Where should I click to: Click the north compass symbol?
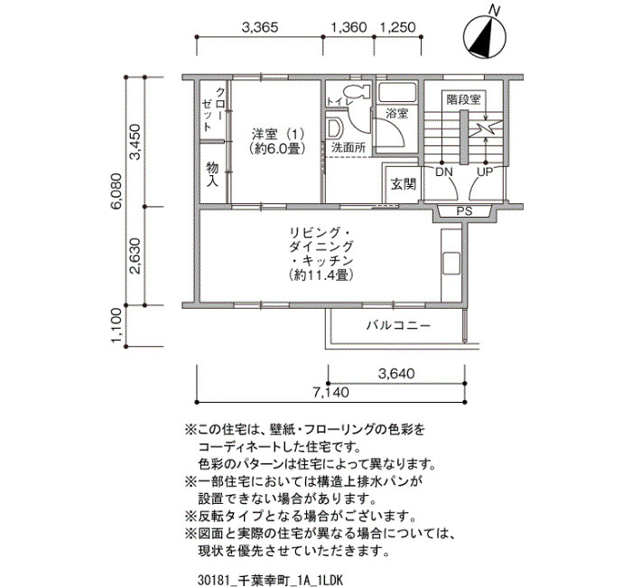[485, 36]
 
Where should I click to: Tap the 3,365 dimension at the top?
[260, 27]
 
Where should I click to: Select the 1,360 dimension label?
[349, 27]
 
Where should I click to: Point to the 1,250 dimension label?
[398, 27]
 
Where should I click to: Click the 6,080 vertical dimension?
[116, 191]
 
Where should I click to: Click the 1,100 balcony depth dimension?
[116, 326]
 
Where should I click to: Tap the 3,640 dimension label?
[396, 374]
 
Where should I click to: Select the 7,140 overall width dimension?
[331, 392]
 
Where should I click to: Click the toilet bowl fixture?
[357, 91]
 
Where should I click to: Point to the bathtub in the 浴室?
[397, 92]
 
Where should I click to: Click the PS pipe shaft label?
[464, 210]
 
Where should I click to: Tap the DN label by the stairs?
[444, 172]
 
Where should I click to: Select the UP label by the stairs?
[485, 172]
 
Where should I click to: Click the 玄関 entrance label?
[404, 184]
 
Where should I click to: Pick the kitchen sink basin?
[451, 264]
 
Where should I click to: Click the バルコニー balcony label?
[399, 325]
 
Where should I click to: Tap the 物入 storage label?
[212, 174]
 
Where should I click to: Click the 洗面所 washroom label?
[349, 147]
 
